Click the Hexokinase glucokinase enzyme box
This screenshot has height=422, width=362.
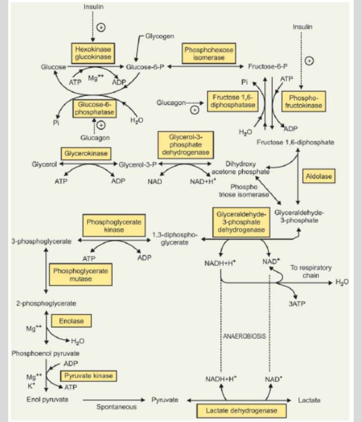tap(93, 53)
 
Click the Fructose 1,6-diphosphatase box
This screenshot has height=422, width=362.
tap(233, 101)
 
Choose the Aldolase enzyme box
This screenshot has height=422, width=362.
tap(319, 176)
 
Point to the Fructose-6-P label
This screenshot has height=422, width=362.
tap(268, 67)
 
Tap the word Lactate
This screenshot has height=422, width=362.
tap(309, 400)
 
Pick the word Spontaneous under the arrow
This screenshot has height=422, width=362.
tap(116, 406)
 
